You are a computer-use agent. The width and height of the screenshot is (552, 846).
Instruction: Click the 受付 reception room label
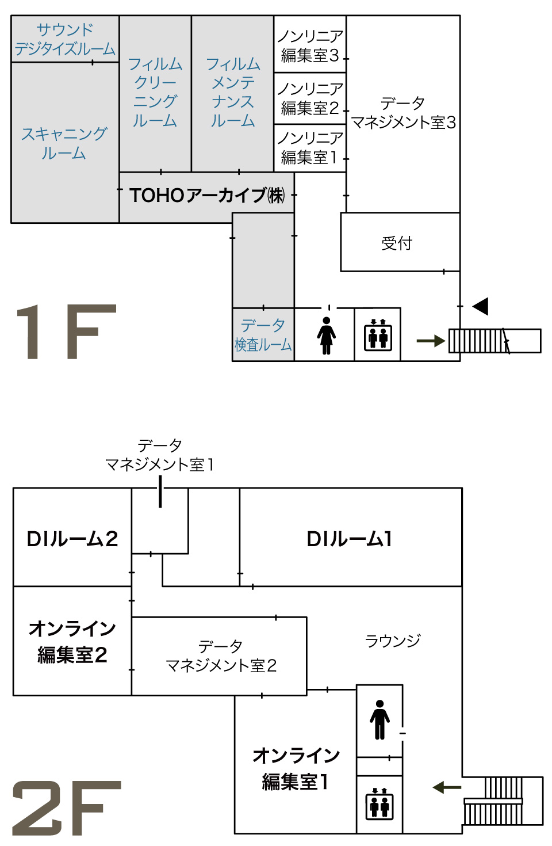[x=397, y=243]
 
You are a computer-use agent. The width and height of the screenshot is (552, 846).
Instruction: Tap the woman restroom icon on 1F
[x=326, y=336]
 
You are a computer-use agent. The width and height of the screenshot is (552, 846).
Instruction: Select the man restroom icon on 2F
[x=379, y=719]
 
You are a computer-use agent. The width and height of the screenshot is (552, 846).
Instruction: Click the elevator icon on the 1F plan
[x=378, y=335]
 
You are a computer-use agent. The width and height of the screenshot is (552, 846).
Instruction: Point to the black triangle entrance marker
[x=481, y=306]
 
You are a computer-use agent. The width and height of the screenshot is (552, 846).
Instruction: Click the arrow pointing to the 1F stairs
[x=431, y=341]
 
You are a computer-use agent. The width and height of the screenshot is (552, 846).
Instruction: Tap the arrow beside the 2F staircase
[x=447, y=787]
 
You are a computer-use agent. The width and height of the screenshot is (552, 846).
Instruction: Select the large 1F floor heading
[x=66, y=332]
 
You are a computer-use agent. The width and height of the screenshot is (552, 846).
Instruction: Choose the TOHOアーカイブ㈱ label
[x=207, y=196]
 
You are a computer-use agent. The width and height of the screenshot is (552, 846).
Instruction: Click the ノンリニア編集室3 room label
[x=310, y=45]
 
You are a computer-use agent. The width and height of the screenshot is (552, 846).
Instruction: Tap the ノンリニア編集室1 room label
[x=310, y=147]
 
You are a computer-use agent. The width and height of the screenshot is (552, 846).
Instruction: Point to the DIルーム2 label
[x=72, y=539]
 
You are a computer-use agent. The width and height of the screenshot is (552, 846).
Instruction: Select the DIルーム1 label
[x=350, y=539]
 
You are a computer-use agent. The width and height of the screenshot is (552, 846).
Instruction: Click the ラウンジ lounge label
[x=393, y=641]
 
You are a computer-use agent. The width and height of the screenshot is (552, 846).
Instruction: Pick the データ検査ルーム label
[x=263, y=335]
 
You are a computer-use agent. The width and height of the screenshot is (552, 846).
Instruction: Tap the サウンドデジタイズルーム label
[x=65, y=39]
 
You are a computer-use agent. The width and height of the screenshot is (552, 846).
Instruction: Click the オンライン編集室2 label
[x=72, y=641]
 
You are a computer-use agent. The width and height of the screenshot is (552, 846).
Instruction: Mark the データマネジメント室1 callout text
[x=160, y=455]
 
